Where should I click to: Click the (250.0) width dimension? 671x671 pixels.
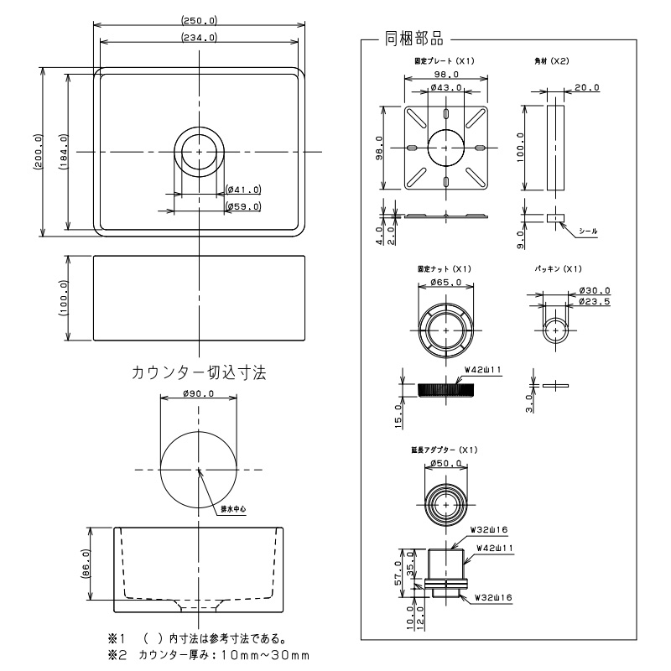tap(199, 21)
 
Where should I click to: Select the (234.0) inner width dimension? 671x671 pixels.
tap(199, 37)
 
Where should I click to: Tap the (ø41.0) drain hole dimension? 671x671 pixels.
tap(243, 190)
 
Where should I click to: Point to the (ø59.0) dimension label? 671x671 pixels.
tap(243, 206)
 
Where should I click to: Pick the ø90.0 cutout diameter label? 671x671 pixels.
tap(199, 393)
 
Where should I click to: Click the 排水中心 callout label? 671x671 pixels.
tap(232, 508)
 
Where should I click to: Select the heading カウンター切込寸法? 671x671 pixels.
tap(199, 372)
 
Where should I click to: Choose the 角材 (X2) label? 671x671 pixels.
tap(552, 61)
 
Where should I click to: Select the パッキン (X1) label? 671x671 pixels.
tap(558, 268)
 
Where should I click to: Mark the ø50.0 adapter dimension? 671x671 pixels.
tap(446, 463)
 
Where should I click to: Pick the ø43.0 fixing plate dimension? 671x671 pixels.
tap(446, 88)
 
